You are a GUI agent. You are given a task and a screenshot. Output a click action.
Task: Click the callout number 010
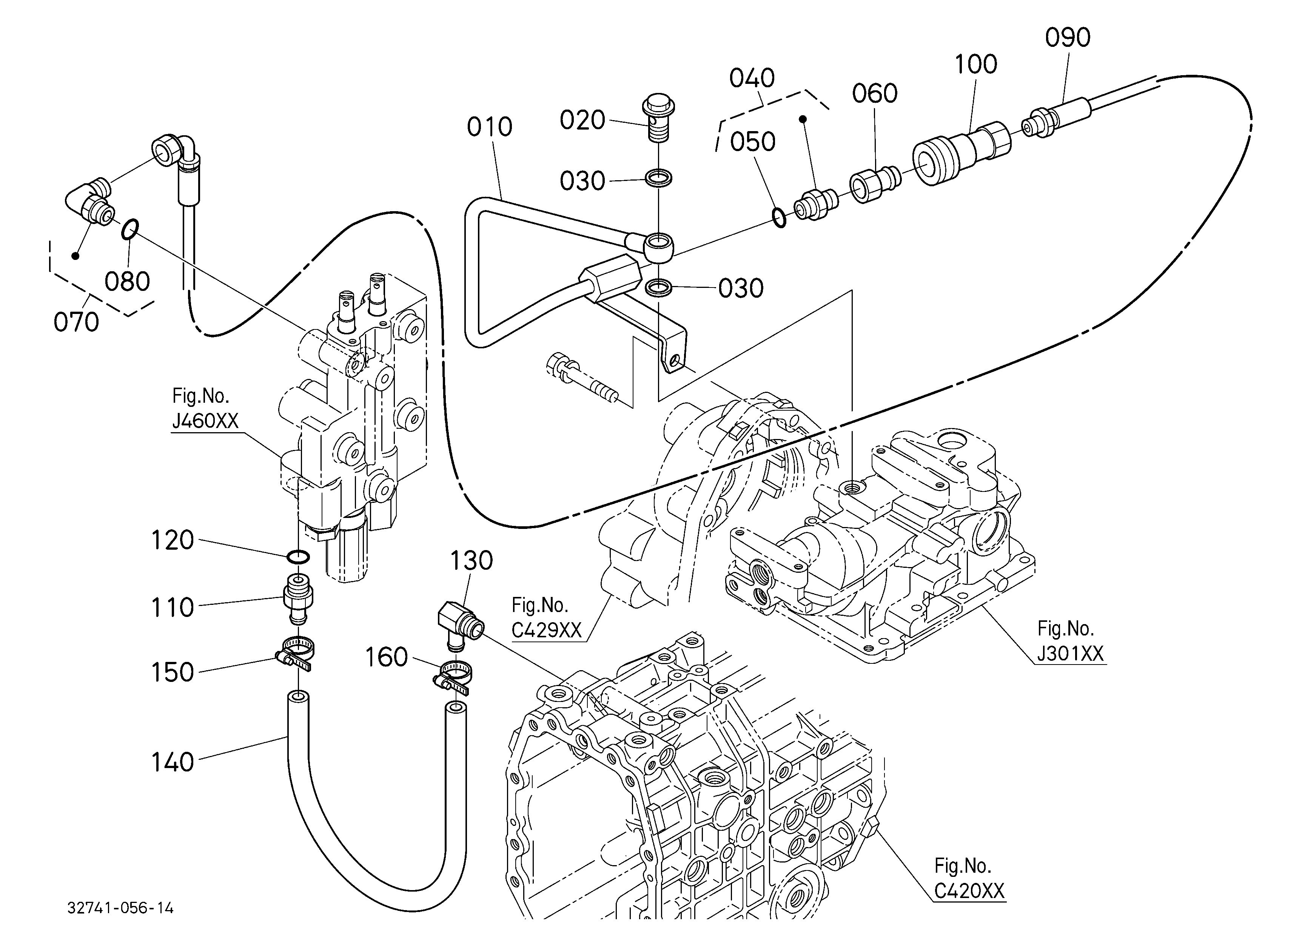[x=489, y=127]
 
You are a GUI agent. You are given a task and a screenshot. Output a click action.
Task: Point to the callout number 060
[x=874, y=94]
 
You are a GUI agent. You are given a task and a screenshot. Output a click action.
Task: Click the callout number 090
[x=1067, y=38]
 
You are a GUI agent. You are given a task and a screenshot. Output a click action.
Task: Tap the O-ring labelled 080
[x=130, y=228]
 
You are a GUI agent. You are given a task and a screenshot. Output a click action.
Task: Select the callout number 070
[x=76, y=322]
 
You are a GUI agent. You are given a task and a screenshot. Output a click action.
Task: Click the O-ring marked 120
[x=298, y=556]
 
